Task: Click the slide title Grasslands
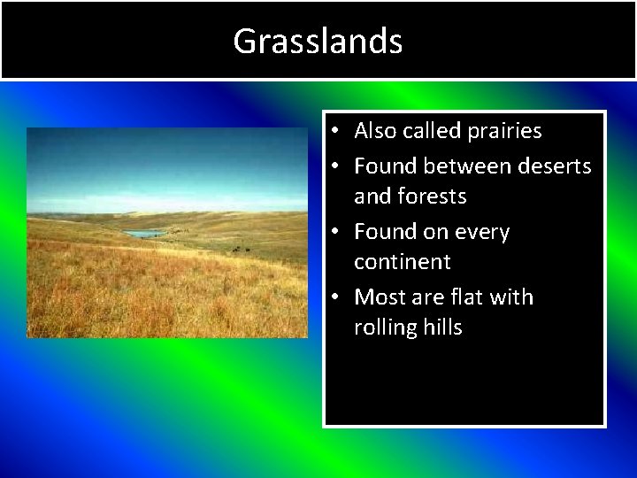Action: [x=318, y=41]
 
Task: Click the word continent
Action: [x=403, y=262]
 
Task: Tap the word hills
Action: [x=442, y=328]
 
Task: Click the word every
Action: [x=482, y=233]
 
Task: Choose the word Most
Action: [x=377, y=297]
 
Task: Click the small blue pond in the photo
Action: [x=144, y=234]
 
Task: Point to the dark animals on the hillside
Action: [x=240, y=250]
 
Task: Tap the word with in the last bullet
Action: [x=514, y=297]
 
